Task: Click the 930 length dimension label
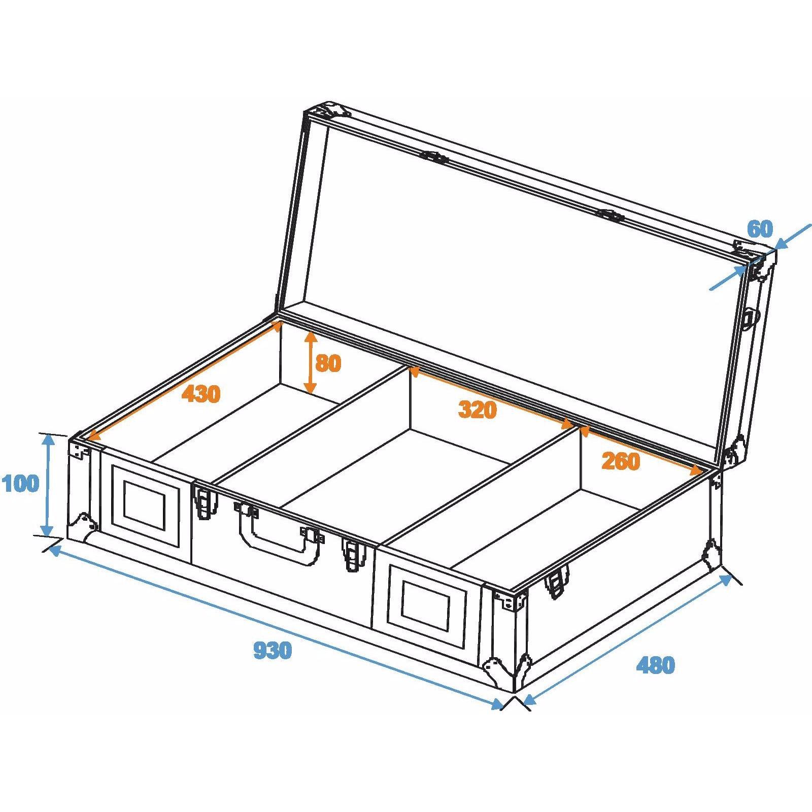[x=273, y=650]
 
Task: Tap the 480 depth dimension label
[x=655, y=665]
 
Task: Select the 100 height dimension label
[x=20, y=484]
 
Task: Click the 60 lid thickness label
[x=760, y=229]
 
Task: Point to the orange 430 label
[x=201, y=394]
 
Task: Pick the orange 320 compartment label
[x=477, y=410]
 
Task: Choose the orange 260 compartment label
[x=620, y=461]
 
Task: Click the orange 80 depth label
[x=328, y=363]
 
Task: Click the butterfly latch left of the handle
[x=205, y=502]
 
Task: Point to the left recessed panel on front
[x=145, y=505]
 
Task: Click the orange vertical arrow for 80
[x=310, y=363]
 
